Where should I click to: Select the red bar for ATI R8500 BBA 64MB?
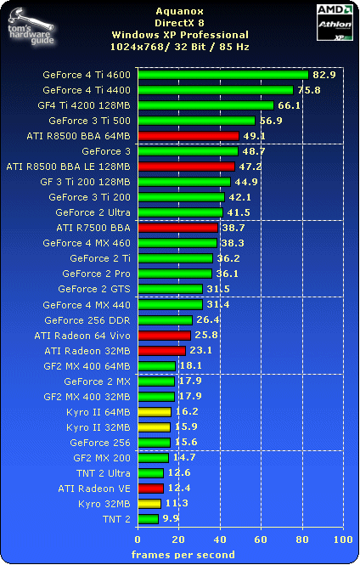[188, 136]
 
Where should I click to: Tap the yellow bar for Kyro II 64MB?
[154, 412]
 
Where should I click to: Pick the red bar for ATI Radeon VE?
[150, 489]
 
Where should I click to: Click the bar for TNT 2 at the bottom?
[148, 519]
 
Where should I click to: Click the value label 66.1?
[290, 105]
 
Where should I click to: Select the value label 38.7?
[233, 228]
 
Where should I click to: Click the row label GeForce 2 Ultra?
[93, 212]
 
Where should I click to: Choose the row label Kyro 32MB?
[101, 504]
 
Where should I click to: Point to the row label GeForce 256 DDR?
[87, 320]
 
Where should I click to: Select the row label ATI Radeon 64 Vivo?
[82, 336]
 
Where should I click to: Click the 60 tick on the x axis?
[261, 540]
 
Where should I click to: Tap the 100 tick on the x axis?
[342, 540]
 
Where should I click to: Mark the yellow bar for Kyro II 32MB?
[154, 427]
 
